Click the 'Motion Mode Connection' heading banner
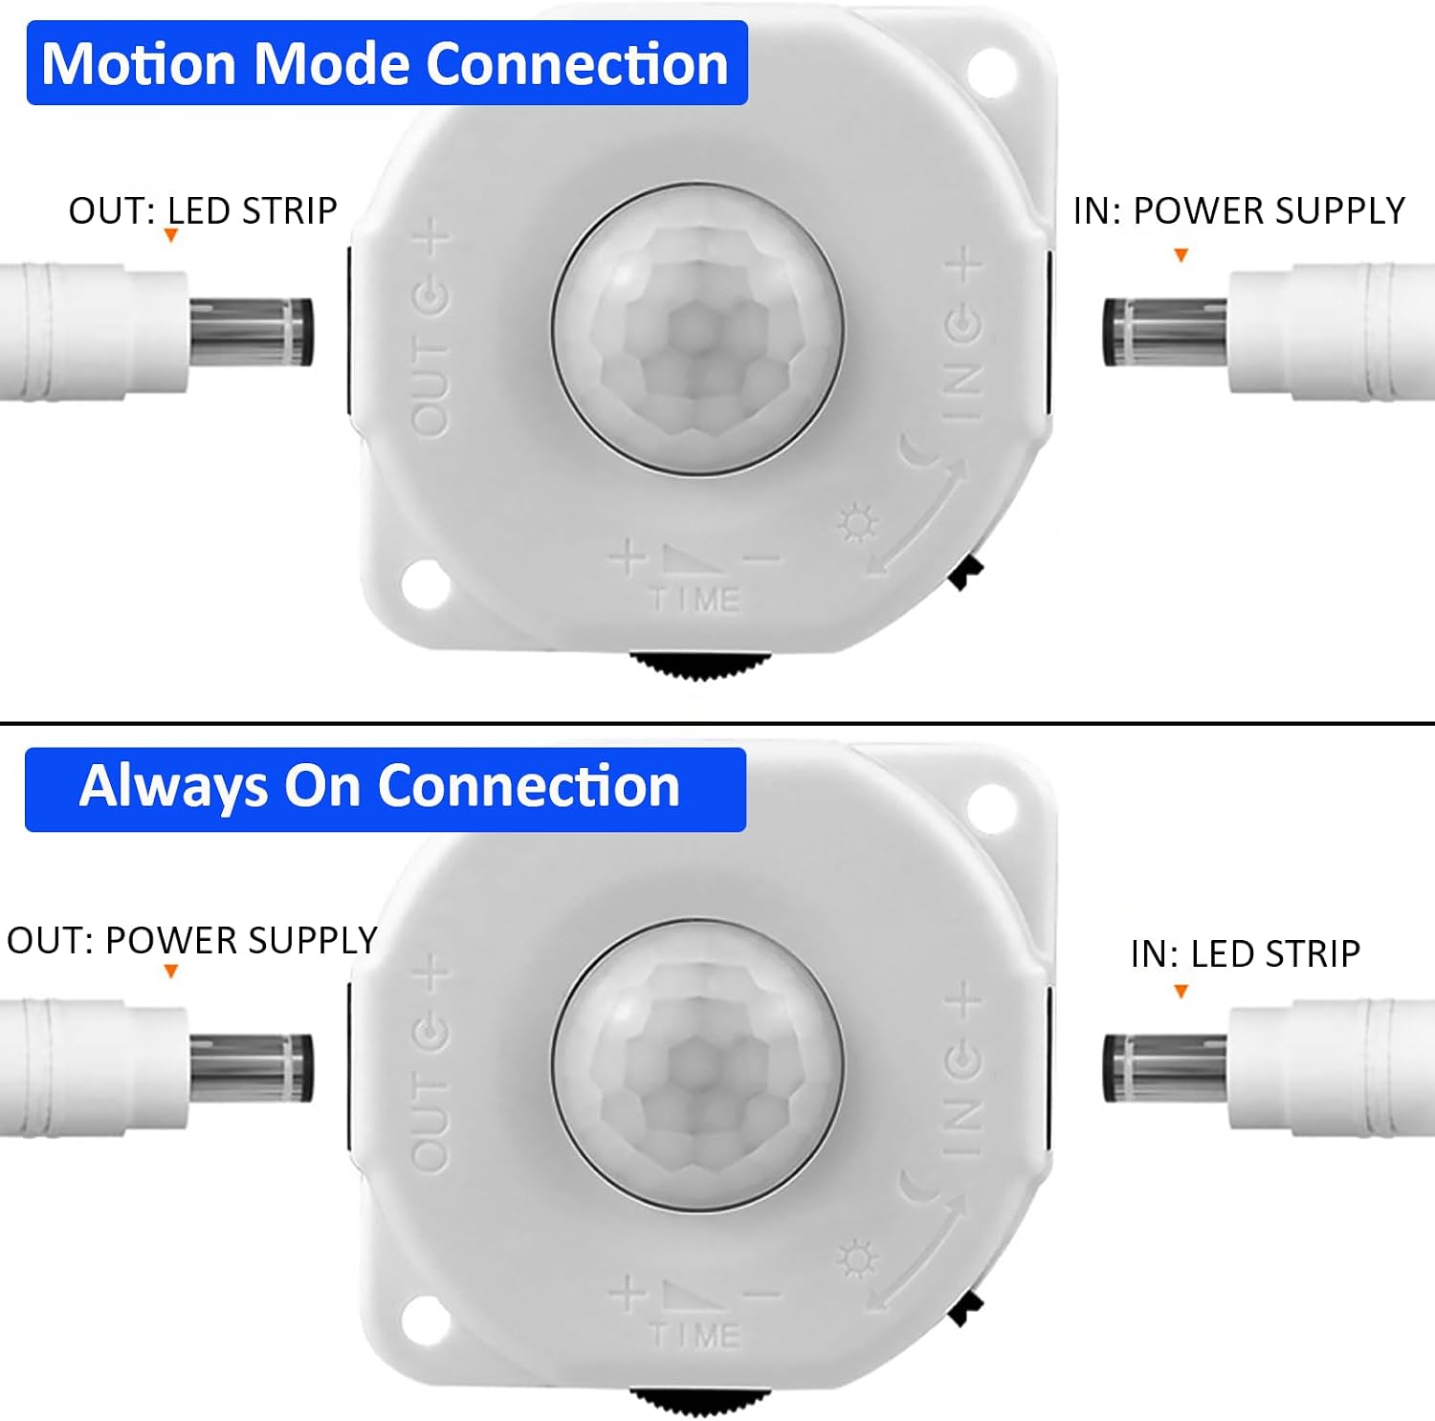[x=386, y=63]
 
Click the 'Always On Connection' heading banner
[x=386, y=789]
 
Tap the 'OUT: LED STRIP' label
[x=203, y=210]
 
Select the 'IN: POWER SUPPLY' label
[x=1239, y=210]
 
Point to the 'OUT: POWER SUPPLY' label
[x=191, y=941]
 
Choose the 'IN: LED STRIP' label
[x=1245, y=953]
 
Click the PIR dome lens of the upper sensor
[x=698, y=329]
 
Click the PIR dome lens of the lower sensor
[x=698, y=1065]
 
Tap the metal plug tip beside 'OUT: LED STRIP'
[x=251, y=332]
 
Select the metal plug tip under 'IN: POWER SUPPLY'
[x=1165, y=332]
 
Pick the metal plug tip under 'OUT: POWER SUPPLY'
[x=251, y=1067]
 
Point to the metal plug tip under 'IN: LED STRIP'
[x=1165, y=1067]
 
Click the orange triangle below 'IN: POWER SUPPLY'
[x=1181, y=255]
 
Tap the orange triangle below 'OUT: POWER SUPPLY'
[x=171, y=972]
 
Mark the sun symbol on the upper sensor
[x=856, y=523]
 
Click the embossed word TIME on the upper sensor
[x=695, y=600]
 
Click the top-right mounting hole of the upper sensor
[x=990, y=69]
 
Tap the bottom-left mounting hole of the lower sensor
[x=426, y=1321]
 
